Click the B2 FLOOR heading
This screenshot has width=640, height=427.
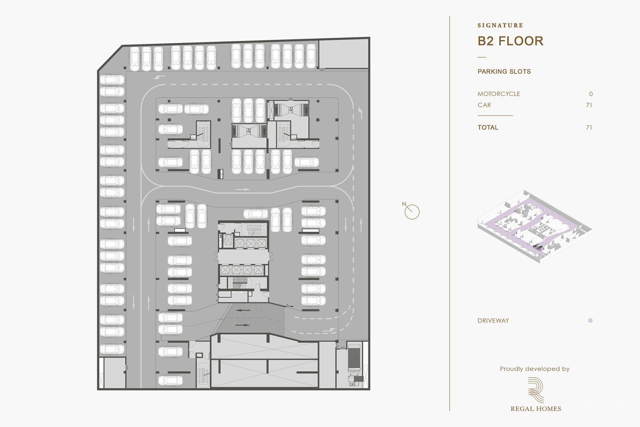coord(510,41)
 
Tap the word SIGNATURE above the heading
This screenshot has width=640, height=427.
coord(500,25)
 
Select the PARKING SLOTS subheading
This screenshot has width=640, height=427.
coord(504,72)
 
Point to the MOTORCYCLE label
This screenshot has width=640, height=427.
coord(499,94)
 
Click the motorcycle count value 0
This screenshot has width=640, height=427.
coord(591,94)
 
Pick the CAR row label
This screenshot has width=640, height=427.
coord(484,105)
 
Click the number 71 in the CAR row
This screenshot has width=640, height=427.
coord(589,105)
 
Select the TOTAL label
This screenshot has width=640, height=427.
coord(488,127)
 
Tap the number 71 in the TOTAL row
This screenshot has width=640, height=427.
coord(589,127)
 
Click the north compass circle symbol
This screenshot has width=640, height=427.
coord(412,212)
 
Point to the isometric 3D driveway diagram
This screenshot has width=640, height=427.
coord(534,226)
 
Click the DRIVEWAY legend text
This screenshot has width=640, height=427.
coord(493,320)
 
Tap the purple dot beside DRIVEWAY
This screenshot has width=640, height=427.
coord(590,320)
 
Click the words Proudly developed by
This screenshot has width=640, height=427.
coord(534,369)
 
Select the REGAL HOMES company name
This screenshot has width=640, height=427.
coord(536,409)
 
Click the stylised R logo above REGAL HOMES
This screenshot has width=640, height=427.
coord(536,390)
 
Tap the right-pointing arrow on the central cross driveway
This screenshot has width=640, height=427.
coord(242,189)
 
